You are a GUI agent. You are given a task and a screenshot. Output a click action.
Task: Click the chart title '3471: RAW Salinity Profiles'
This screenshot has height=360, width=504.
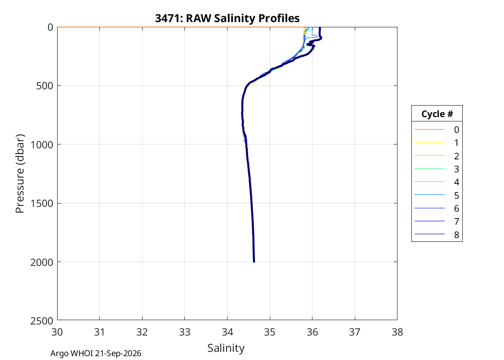pyautogui.click(x=227, y=18)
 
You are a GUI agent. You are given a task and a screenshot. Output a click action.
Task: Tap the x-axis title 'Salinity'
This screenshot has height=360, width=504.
pyautogui.click(x=226, y=348)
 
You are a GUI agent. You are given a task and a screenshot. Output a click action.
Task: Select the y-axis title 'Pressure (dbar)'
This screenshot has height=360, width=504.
pyautogui.click(x=20, y=174)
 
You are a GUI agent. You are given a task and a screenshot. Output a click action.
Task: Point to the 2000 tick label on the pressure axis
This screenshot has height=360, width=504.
pyautogui.click(x=42, y=262)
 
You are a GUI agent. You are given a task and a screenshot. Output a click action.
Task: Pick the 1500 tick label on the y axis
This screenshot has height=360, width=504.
pyautogui.click(x=42, y=204)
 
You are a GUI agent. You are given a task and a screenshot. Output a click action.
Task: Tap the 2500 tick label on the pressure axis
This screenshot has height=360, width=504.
pyautogui.click(x=42, y=321)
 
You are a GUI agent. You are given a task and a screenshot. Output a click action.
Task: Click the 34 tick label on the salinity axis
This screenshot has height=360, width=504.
pyautogui.click(x=227, y=332)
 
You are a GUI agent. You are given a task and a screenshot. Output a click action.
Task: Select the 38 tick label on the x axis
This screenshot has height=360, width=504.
pyautogui.click(x=397, y=332)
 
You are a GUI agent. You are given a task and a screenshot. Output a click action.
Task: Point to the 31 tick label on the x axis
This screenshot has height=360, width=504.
pyautogui.click(x=100, y=332)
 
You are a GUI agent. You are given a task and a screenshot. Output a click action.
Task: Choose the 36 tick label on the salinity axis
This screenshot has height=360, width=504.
pyautogui.click(x=312, y=332)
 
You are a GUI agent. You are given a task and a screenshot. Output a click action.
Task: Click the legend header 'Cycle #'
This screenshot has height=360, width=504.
pyautogui.click(x=437, y=114)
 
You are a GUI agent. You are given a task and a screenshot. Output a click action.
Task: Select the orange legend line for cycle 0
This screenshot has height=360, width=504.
pyautogui.click(x=430, y=130)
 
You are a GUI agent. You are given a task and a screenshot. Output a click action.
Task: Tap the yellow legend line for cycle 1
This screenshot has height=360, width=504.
pyautogui.click(x=430, y=143)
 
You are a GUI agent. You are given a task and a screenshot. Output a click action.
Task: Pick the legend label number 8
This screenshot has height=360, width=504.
pyautogui.click(x=456, y=235)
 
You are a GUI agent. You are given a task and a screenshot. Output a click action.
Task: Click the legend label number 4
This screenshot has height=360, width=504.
pyautogui.click(x=456, y=182)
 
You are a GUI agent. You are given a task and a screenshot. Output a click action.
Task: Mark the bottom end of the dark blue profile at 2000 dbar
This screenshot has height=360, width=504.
pyautogui.click(x=254, y=262)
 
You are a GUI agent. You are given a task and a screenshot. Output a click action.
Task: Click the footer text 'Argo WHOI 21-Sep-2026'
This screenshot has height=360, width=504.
pyautogui.click(x=96, y=354)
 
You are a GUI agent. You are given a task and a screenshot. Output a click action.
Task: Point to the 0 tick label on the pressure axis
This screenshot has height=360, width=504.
pyautogui.click(x=50, y=28)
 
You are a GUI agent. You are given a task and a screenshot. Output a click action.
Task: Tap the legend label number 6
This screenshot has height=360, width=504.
pyautogui.click(x=456, y=209)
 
